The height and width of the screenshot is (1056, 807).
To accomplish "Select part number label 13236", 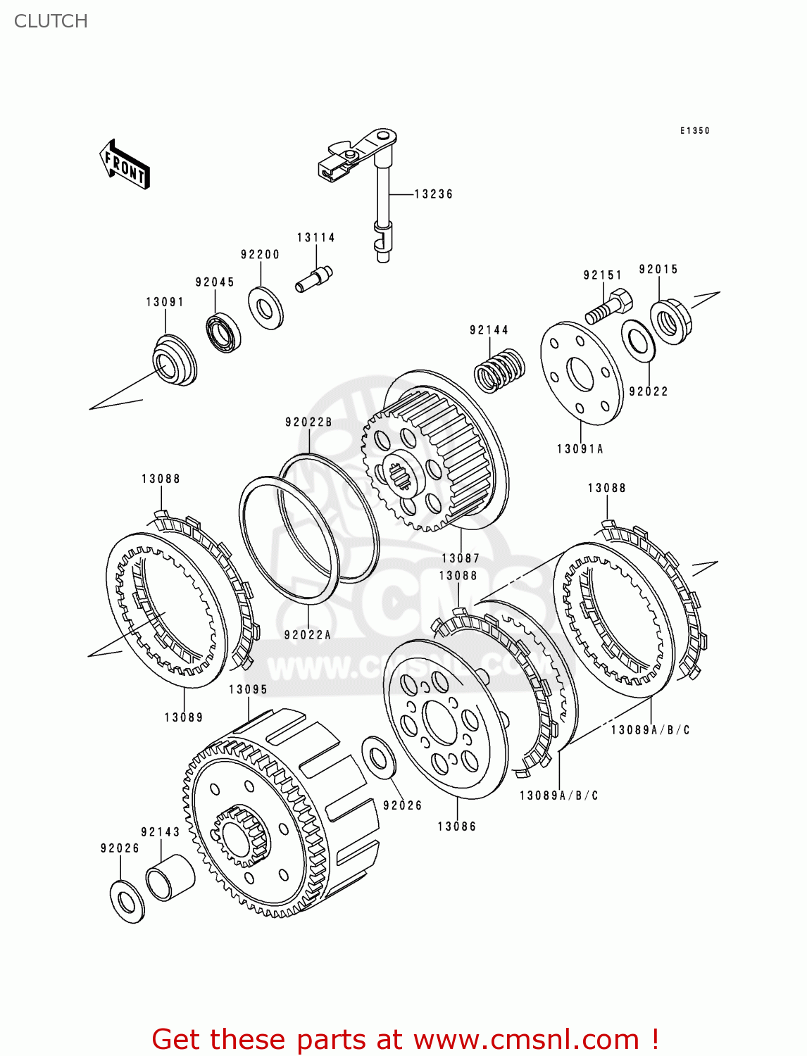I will [433, 194].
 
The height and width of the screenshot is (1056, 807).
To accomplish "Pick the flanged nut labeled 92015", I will [670, 321].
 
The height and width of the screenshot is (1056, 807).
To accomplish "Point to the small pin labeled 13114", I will [314, 278].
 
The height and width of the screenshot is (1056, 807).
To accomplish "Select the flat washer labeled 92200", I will [265, 308].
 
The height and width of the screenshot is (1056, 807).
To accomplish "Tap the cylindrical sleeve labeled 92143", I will [170, 877].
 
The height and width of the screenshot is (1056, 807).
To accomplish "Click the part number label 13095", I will [248, 690].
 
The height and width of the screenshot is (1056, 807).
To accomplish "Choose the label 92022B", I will [308, 422].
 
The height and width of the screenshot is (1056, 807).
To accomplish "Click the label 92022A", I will [308, 635].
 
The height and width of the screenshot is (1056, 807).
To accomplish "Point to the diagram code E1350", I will [694, 131].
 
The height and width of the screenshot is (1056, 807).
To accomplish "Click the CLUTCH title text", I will [51, 21].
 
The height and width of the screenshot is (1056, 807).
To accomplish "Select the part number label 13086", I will [457, 826].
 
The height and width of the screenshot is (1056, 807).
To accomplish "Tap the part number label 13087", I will [461, 558].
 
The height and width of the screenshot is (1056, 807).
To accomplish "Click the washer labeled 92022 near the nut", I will [639, 341].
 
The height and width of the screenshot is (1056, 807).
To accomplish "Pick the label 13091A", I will [580, 449].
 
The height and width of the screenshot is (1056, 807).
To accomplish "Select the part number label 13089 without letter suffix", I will [184, 717].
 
